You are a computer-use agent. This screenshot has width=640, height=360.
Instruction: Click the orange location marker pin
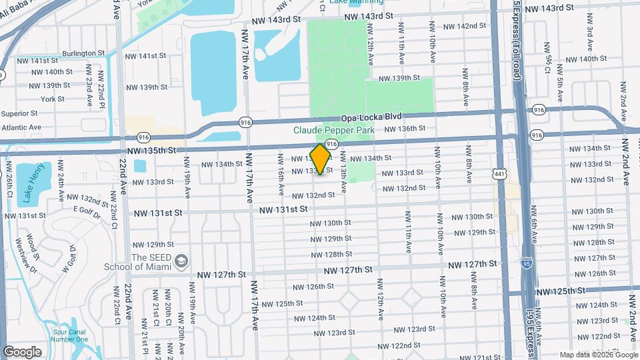(321, 159)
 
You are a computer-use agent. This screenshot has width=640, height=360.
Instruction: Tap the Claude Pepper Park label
(334, 131)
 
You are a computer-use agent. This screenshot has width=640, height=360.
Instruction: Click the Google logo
(22, 351)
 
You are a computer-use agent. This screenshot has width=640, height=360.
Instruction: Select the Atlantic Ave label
(21, 127)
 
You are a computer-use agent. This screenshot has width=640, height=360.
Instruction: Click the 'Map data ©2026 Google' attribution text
(597, 355)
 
